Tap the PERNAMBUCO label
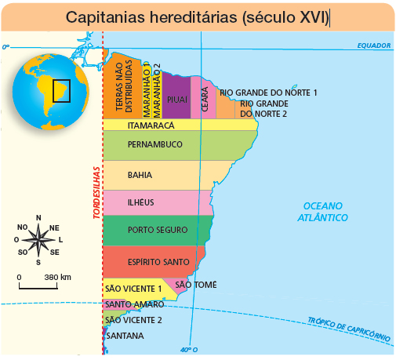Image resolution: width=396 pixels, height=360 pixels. coord(154,144)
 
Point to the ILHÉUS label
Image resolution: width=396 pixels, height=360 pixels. coord(140,202)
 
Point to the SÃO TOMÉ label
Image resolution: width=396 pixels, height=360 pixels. coord(195,285)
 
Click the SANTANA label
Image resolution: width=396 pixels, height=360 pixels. coord(125,336)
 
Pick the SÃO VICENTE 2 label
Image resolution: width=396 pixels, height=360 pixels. coord(133,320)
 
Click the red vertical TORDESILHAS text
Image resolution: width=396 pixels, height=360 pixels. coord(96,193)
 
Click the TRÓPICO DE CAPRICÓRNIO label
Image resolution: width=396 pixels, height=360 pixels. coord(347,327)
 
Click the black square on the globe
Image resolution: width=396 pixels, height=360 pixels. coord(61,90)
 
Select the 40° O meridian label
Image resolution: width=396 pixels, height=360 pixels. coord(188,350)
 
